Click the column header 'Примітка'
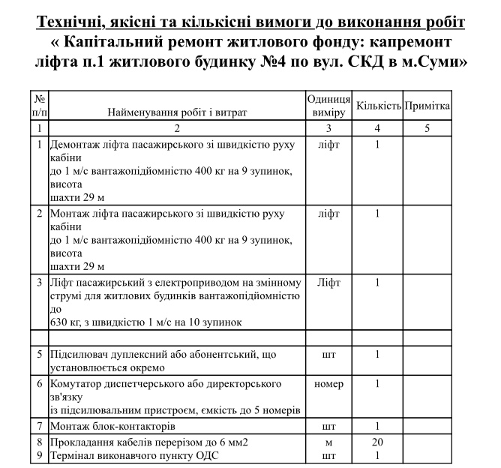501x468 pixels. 427,106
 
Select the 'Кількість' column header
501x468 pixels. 379,106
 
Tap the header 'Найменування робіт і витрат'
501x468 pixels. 177,112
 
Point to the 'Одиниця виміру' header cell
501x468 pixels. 328,106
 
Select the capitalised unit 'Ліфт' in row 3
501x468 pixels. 328,283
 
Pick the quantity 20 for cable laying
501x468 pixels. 377,442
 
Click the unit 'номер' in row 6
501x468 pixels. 328,384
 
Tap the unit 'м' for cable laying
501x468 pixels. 328,442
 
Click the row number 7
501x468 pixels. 40,426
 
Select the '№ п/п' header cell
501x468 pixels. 40,106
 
